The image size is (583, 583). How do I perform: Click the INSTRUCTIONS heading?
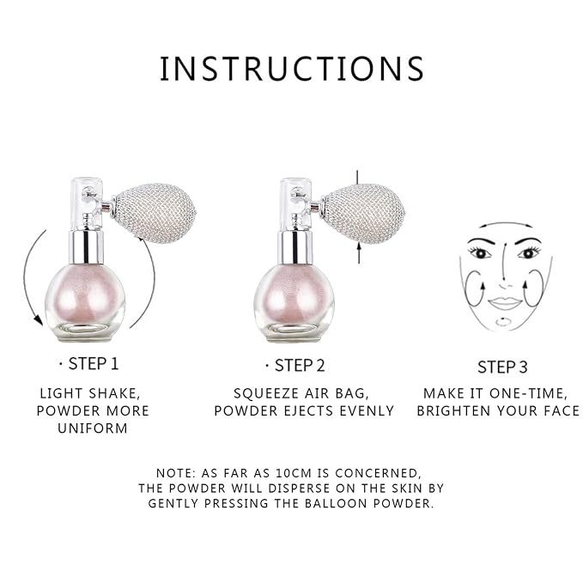(x=292, y=69)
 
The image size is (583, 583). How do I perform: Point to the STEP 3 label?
(x=502, y=367)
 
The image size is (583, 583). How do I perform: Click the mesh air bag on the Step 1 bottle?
(x=155, y=213)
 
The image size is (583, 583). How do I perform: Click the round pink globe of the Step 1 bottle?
(x=85, y=301)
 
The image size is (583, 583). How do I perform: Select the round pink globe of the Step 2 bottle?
(x=295, y=301)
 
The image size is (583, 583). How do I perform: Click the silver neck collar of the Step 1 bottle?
(x=86, y=246)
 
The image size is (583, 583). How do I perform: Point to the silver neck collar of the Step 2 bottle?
(x=295, y=247)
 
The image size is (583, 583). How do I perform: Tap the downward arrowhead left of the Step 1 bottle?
(x=37, y=319)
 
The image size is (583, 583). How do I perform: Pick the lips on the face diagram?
(x=505, y=302)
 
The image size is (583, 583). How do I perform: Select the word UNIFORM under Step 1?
(x=93, y=428)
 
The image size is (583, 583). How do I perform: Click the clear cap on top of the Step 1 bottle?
(x=86, y=203)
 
